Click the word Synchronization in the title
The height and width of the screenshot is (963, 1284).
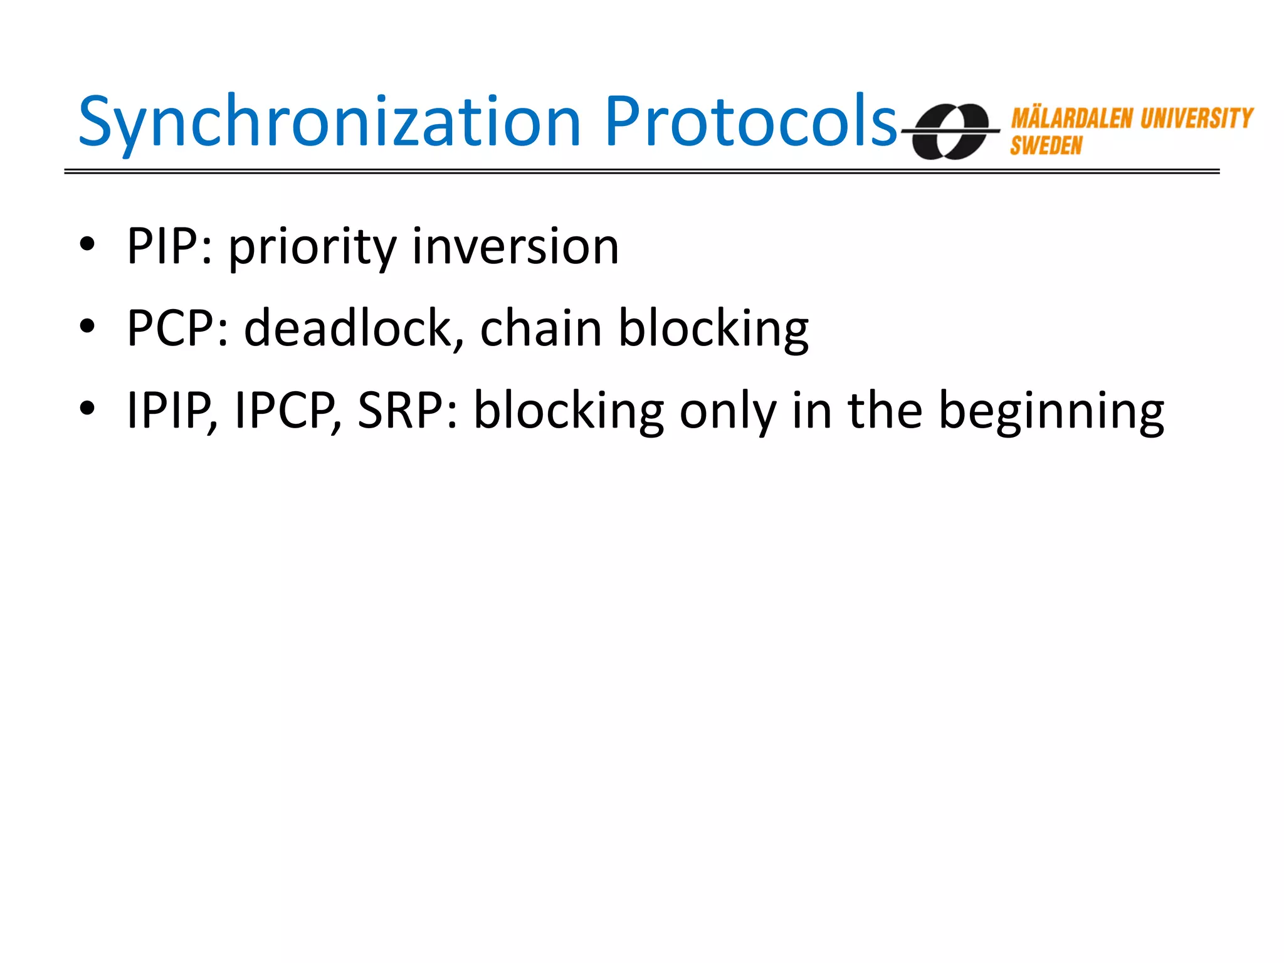(330, 122)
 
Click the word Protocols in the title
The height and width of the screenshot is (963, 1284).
(750, 122)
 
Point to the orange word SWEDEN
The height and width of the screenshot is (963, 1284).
(1046, 146)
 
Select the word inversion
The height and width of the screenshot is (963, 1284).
(515, 246)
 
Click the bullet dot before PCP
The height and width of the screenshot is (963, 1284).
(87, 326)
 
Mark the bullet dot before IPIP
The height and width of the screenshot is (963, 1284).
(87, 408)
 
